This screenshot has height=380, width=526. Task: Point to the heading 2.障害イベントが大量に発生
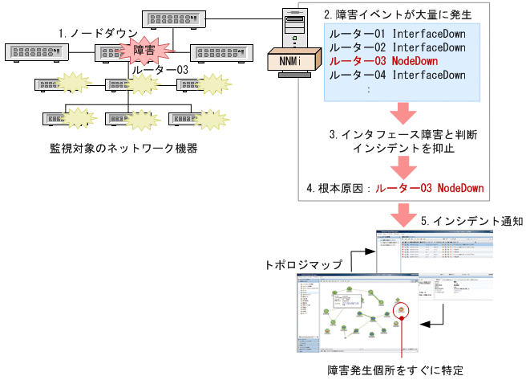click(398, 14)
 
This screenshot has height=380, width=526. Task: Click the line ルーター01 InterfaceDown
click(398, 34)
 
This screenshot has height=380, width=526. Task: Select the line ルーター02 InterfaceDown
click(398, 47)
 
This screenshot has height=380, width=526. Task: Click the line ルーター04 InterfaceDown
click(398, 75)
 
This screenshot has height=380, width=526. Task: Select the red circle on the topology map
click(399, 309)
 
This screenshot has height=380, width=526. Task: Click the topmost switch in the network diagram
click(171, 18)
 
